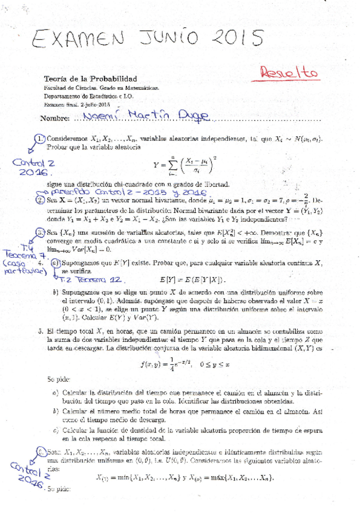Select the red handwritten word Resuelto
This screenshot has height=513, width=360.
289,72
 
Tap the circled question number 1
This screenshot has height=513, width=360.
40,139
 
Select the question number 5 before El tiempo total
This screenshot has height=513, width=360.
39,332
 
